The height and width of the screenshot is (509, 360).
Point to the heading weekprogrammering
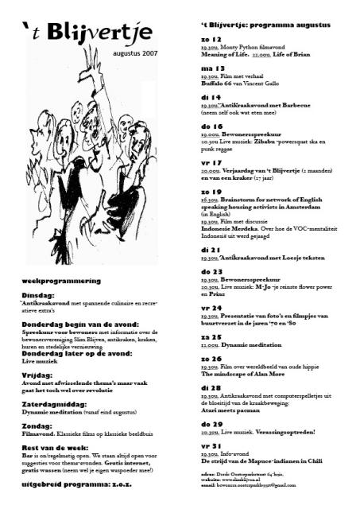pyautogui.click(x=60, y=281)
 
